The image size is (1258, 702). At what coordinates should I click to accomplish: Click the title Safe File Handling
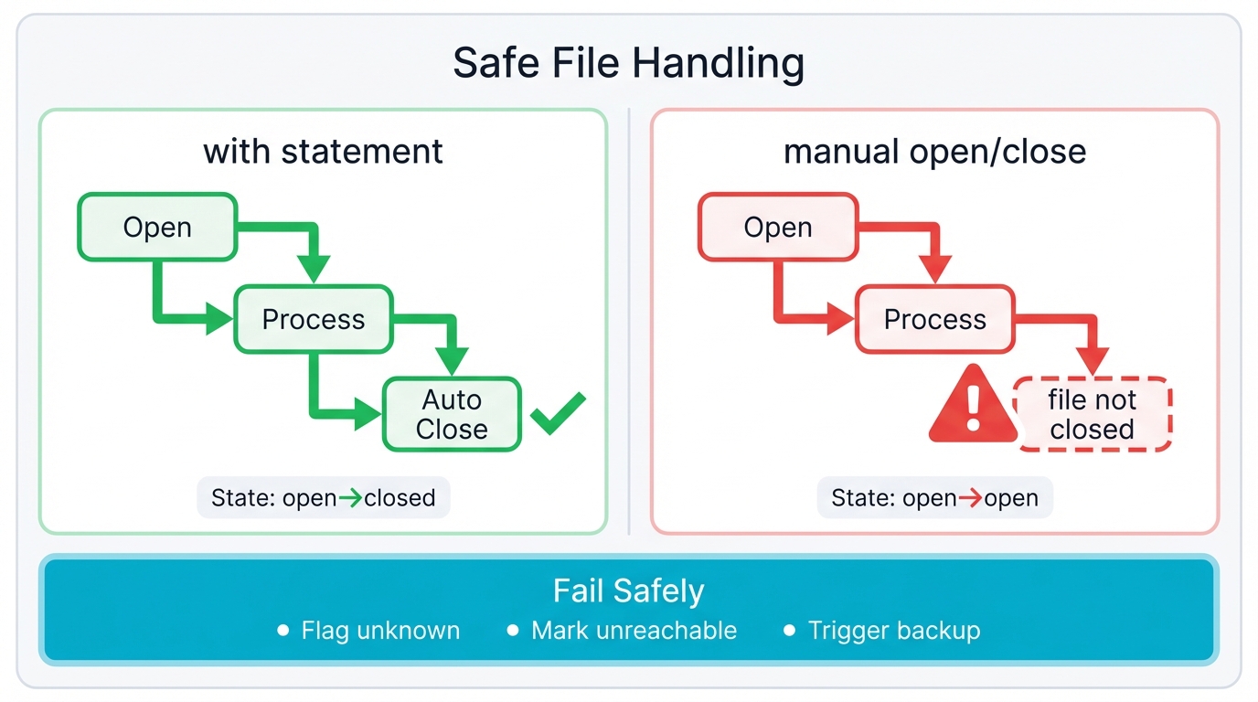pos(628,64)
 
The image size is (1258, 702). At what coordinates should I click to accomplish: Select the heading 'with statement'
pos(323,151)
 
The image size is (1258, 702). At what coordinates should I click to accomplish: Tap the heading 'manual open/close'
pos(934,151)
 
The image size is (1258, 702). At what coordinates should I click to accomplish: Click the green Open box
pos(157,228)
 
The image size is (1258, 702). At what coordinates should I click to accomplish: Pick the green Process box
pos(314,319)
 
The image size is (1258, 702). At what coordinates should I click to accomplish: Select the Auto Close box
pos(452,414)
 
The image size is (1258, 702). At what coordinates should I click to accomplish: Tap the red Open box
pos(778,228)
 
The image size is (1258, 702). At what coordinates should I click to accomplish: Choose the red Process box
pos(934,319)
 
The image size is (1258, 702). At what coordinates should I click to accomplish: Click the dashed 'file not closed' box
pos(1093,414)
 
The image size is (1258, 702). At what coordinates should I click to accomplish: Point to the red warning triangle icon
pos(973,406)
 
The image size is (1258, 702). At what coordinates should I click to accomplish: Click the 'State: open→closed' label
pos(324,498)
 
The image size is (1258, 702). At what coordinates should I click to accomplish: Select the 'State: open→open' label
pos(934,498)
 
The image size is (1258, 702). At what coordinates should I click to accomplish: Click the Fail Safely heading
pos(628,591)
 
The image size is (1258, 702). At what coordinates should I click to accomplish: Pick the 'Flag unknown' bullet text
pos(380,631)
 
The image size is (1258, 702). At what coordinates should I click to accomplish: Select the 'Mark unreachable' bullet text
pos(634,631)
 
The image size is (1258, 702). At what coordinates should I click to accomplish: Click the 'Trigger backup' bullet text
pos(893,631)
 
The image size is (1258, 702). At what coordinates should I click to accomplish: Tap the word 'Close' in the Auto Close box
pos(452,430)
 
